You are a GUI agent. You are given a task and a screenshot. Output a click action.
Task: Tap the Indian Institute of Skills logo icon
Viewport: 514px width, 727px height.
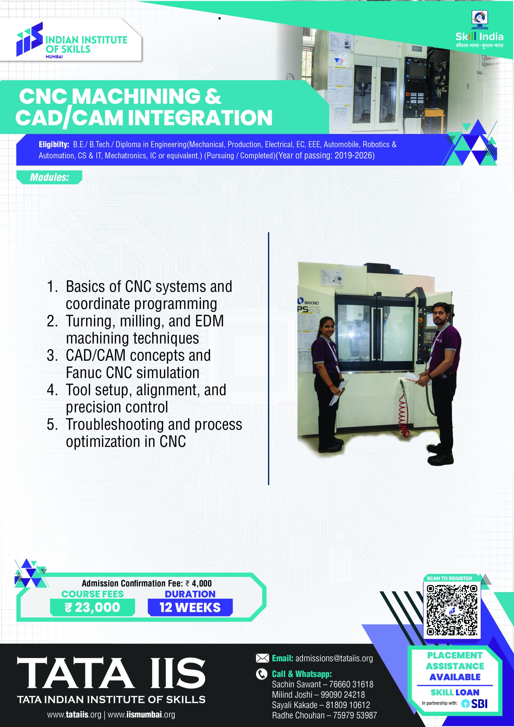coord(30,39)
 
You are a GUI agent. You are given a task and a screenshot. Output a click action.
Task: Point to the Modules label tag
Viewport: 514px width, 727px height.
coord(49,177)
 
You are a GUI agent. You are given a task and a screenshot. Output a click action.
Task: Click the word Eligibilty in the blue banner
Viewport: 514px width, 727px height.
coord(54,145)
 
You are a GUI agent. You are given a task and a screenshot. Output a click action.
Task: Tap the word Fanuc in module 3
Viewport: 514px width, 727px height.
coord(84,373)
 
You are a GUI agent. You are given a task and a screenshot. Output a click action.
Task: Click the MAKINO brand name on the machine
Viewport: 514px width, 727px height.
coord(311,303)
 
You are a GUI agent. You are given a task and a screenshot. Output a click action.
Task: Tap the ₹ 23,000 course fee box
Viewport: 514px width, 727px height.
coord(92,607)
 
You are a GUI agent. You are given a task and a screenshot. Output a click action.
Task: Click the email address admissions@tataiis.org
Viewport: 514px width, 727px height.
coord(334,659)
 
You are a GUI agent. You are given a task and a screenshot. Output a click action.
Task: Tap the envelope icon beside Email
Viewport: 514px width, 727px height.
coord(262,659)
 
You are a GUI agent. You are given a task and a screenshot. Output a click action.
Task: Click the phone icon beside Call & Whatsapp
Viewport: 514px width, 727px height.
coord(262,674)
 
